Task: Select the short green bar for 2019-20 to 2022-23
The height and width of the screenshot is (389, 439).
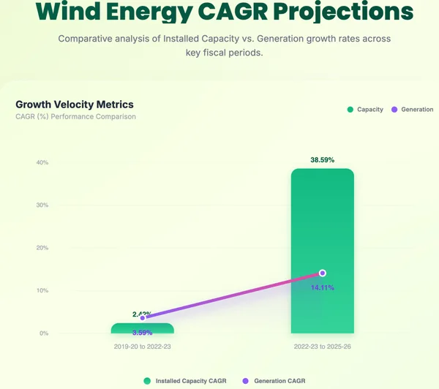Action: (x=143, y=328)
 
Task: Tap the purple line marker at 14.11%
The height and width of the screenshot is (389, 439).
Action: (x=323, y=273)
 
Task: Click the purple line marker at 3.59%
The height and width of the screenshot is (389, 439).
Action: (x=143, y=317)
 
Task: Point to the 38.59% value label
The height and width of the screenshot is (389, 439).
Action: (x=323, y=159)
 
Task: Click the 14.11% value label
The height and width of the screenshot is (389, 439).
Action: (x=323, y=287)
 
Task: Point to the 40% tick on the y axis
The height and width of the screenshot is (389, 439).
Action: (x=42, y=162)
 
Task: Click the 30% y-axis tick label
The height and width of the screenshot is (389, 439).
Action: (x=42, y=205)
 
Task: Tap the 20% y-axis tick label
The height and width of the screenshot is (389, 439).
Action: (x=42, y=248)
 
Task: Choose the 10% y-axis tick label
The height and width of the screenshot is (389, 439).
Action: (x=42, y=290)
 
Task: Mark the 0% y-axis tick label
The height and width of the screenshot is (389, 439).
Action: (x=44, y=333)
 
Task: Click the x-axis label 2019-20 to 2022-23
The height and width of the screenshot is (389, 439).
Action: (x=143, y=345)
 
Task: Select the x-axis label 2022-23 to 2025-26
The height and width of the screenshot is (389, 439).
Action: (x=323, y=345)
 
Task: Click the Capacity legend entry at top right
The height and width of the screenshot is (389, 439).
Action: (x=365, y=110)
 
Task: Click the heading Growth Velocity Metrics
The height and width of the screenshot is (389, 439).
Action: (x=75, y=105)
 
